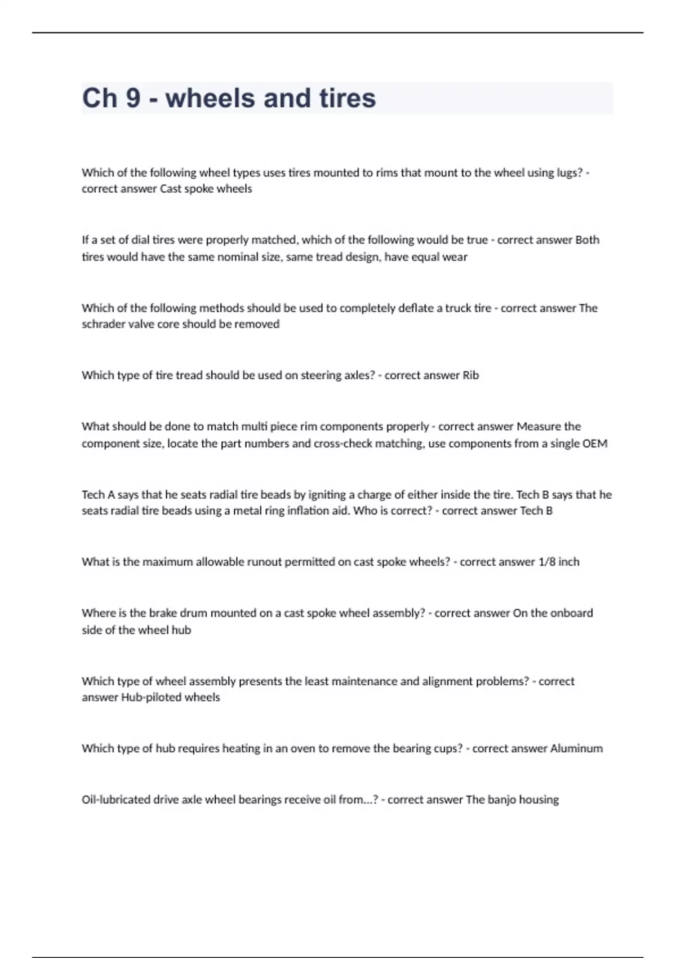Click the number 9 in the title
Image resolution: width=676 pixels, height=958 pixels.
pyautogui.click(x=133, y=98)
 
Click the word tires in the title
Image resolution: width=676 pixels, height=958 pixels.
pyautogui.click(x=348, y=98)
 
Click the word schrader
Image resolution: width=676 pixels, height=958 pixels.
pyautogui.click(x=102, y=324)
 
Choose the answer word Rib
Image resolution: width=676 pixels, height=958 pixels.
pyautogui.click(x=470, y=375)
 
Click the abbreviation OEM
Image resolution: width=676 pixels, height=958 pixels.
pyautogui.click(x=595, y=443)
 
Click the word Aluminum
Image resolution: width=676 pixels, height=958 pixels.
pyautogui.click(x=576, y=749)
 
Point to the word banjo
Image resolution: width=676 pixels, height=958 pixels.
pyautogui.click(x=505, y=800)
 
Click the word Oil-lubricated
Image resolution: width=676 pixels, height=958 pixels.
pyautogui.click(x=116, y=800)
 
